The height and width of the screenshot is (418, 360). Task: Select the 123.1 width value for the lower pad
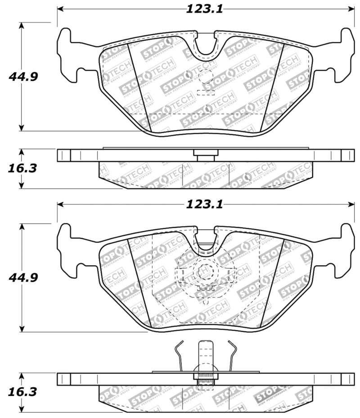coord(205,204)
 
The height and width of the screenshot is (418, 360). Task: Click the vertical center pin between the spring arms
coord(206,356)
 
